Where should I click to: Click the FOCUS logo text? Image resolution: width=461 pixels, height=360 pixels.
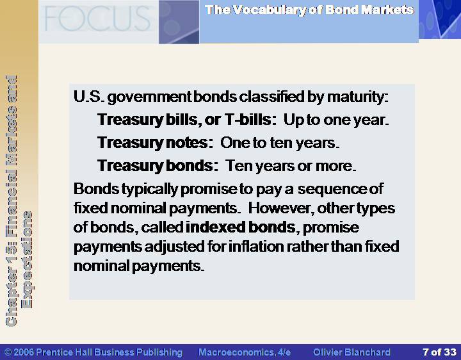click(97, 19)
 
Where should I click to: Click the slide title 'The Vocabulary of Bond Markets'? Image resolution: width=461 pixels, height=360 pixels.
click(310, 10)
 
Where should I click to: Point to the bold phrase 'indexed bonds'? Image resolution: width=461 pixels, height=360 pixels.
click(241, 227)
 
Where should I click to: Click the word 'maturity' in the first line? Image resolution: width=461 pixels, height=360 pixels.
click(357, 97)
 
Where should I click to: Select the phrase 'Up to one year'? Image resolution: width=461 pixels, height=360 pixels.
click(336, 120)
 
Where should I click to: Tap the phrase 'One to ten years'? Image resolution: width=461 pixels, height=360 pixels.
click(280, 143)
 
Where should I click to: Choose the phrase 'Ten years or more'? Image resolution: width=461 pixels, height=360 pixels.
click(291, 166)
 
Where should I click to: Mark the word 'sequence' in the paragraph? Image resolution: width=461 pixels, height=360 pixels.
click(332, 189)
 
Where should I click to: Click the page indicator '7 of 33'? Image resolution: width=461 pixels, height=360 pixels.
click(439, 352)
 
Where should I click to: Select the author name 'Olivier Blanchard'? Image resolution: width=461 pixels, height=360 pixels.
click(352, 352)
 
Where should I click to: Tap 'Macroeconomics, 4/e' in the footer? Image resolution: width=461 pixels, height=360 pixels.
click(245, 352)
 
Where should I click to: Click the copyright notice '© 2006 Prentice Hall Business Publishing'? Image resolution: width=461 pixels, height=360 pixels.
click(93, 352)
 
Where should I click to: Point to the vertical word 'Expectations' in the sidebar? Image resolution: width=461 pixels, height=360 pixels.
click(28, 259)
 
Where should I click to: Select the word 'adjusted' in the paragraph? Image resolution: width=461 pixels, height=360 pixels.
click(174, 247)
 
